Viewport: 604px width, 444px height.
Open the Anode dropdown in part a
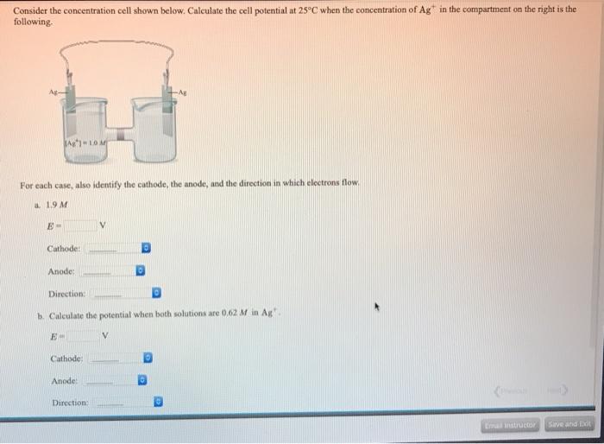pyautogui.click(x=113, y=271)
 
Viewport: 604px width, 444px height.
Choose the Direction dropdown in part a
pyautogui.click(x=122, y=294)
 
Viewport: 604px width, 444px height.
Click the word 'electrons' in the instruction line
pyautogui.click(x=308, y=183)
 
